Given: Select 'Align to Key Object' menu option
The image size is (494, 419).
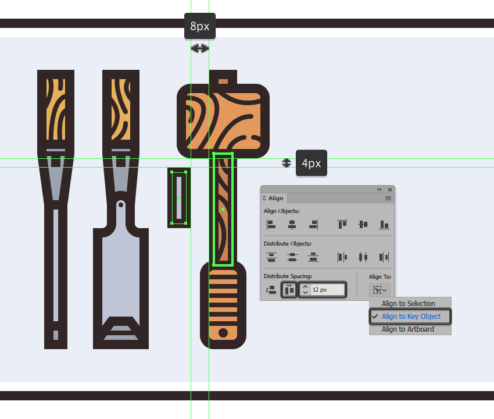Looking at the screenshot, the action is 411,316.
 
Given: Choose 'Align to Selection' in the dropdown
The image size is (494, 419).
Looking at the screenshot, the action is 408,303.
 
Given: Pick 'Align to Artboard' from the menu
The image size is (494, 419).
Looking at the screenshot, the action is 407,329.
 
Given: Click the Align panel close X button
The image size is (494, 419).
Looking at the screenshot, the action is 390,190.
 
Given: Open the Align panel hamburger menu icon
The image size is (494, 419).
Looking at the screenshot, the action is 388,198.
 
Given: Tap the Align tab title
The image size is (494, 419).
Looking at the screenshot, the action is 275,198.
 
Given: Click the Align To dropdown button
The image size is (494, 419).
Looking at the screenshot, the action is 380,290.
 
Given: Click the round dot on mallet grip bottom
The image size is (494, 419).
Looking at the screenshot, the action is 223,332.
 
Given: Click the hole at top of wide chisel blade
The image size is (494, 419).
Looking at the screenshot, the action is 121,205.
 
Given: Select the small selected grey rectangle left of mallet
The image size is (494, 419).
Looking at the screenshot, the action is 179,197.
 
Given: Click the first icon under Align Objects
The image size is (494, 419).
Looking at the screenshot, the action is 271,224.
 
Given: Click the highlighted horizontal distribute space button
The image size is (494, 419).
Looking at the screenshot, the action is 289,290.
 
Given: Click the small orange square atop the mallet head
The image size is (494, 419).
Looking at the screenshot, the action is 223,81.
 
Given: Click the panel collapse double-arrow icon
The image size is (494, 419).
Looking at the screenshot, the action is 380,190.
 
